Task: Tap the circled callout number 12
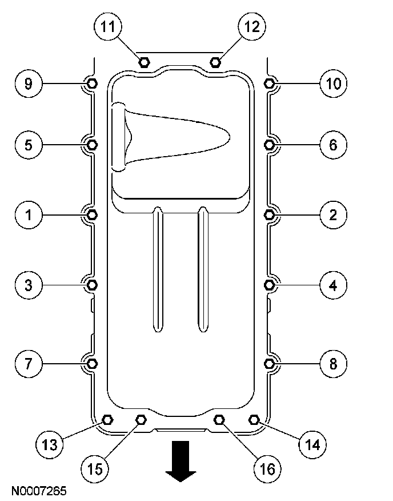(x=251, y=26)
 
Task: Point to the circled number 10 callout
(x=334, y=84)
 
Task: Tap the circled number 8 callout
(x=334, y=363)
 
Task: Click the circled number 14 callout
(x=314, y=444)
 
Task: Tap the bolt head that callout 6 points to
(x=270, y=144)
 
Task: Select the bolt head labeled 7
(x=93, y=363)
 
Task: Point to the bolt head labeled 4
(x=270, y=284)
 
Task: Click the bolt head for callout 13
(x=107, y=419)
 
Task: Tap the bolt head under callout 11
(x=144, y=61)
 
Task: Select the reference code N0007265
(x=38, y=491)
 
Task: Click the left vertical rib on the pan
(x=157, y=269)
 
